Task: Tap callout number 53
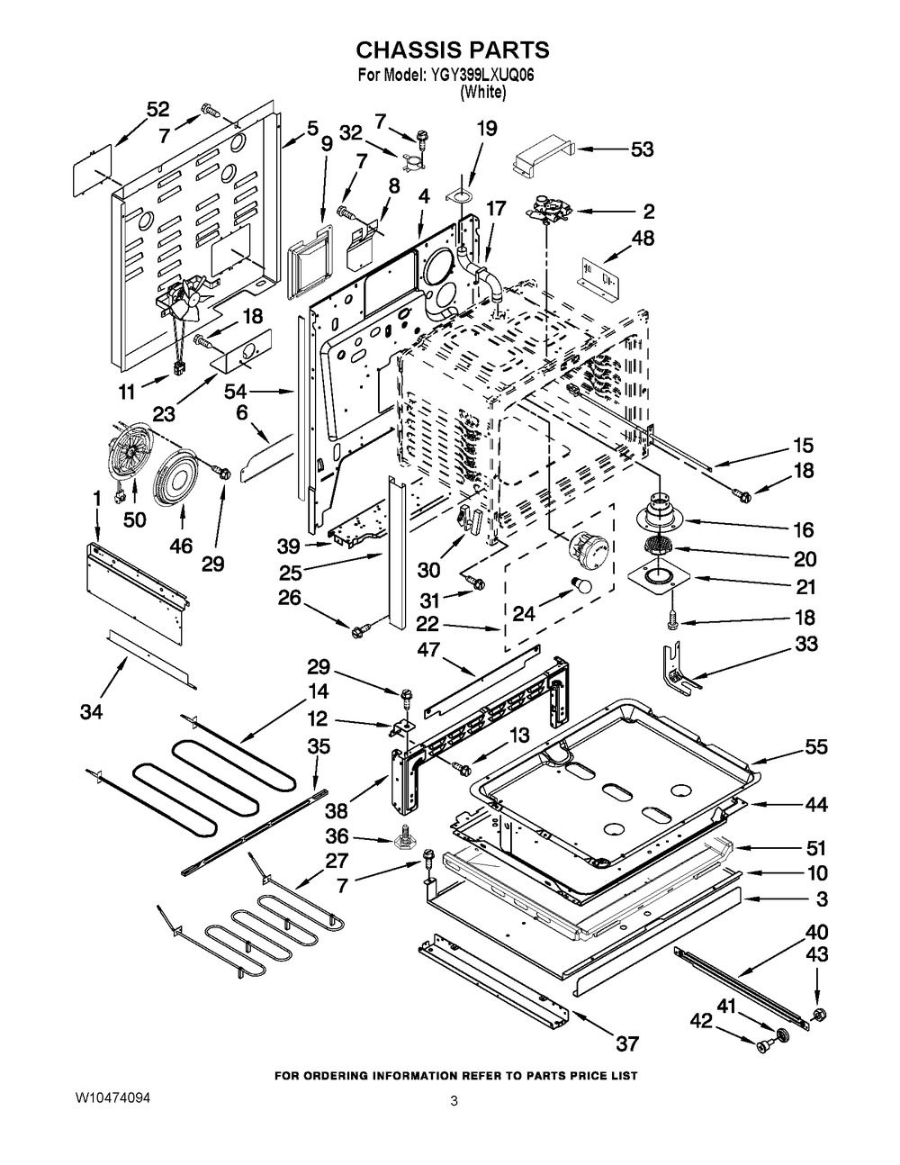click(642, 149)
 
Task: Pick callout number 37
click(626, 1043)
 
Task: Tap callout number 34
click(91, 713)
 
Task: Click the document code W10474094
click(112, 1100)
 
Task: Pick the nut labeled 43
click(819, 1016)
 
